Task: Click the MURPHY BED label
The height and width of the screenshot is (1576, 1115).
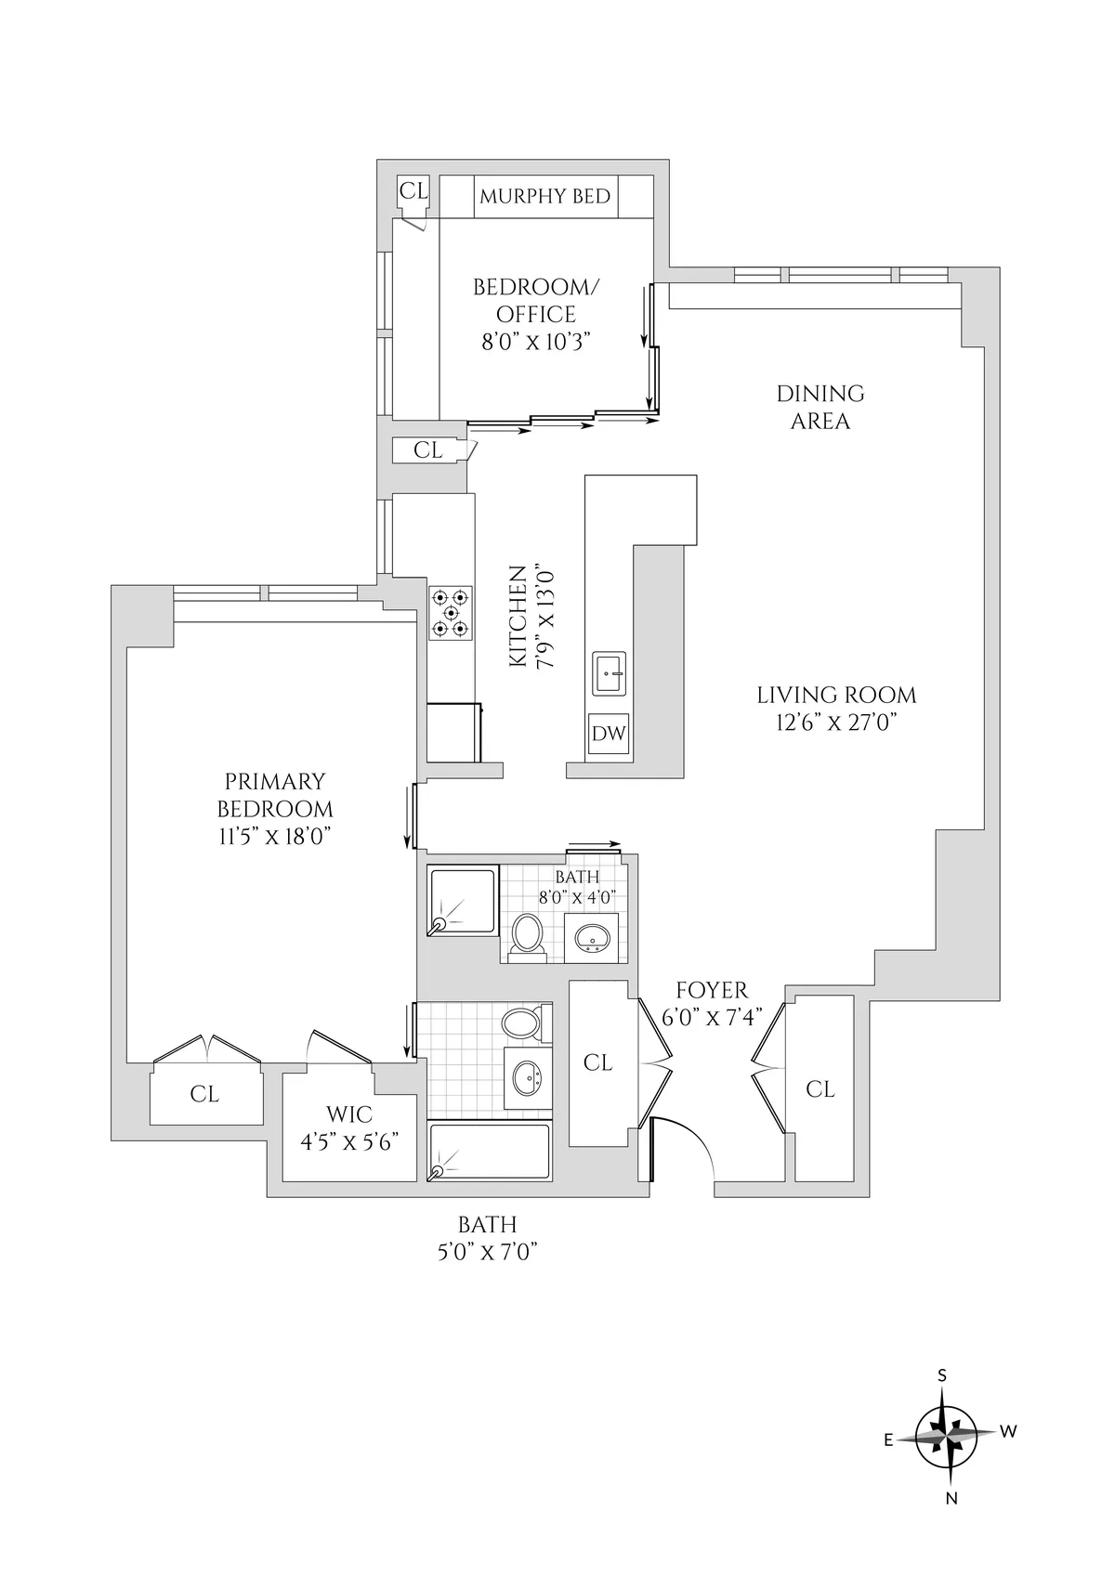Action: [x=544, y=197]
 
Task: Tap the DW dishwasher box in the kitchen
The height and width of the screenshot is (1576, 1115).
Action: [x=610, y=734]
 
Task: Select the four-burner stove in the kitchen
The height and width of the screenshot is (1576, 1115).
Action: [x=451, y=613]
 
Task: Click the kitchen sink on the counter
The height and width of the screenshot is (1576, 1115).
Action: [x=610, y=672]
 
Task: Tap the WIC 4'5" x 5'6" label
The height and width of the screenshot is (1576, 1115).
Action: [x=349, y=1127]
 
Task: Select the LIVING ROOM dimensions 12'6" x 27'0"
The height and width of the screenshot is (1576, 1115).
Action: [x=835, y=723]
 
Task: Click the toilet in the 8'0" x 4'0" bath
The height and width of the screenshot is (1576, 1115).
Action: [x=529, y=935]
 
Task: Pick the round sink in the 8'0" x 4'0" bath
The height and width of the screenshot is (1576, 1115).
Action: [x=592, y=939]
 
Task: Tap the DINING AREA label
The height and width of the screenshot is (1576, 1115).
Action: [x=820, y=407]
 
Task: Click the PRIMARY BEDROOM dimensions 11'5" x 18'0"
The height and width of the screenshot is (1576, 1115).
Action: [x=274, y=836]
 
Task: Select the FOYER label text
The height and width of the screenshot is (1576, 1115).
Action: [x=712, y=990]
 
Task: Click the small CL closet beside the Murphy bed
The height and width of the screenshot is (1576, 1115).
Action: [x=413, y=190]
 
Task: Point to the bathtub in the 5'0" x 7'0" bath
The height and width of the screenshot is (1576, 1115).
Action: [x=491, y=1152]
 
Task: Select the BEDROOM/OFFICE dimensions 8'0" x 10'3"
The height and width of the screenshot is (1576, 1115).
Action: [x=536, y=341]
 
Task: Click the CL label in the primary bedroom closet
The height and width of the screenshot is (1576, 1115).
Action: [x=204, y=1094]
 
